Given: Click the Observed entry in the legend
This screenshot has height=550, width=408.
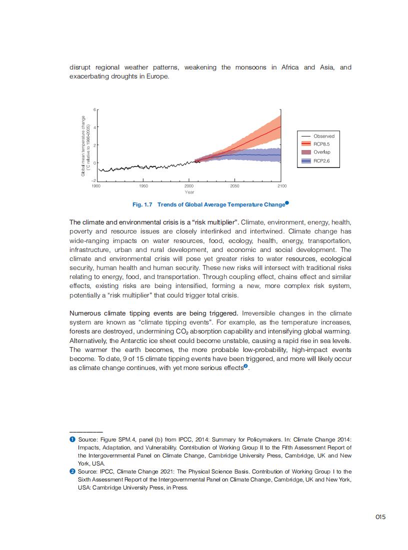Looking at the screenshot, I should tap(323, 136).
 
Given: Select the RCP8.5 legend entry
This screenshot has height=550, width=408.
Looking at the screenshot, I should tap(321, 144).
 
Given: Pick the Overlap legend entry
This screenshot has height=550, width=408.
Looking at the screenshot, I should tap(321, 152).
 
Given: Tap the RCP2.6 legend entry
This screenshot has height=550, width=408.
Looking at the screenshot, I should tap(321, 161).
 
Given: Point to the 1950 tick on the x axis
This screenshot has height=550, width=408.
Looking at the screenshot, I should tap(143, 185).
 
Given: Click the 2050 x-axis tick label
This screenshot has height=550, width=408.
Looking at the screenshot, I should tap(234, 185).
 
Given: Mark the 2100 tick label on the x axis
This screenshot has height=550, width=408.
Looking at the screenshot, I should tap(281, 185).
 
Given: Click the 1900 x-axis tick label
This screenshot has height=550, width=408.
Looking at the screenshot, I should tap(96, 185).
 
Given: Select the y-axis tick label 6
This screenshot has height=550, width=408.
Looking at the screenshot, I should tap(94, 109).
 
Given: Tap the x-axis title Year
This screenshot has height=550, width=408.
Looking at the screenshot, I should tap(189, 192).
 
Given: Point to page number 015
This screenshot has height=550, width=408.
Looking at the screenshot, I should tap(380, 517).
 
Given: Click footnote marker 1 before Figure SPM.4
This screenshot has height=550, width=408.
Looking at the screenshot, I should tap(72, 439).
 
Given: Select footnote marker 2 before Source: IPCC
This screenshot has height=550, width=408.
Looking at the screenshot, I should tap(72, 471).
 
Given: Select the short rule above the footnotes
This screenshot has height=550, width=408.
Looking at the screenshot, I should tap(86, 431).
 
